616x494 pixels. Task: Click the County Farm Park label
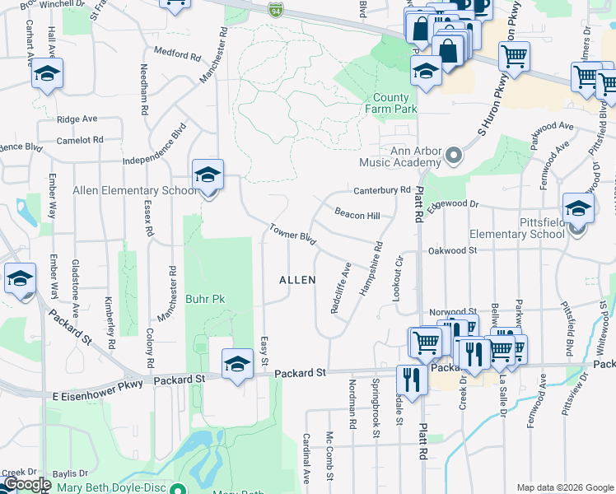(x=391, y=102)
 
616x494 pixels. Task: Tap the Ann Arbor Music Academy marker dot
(x=452, y=155)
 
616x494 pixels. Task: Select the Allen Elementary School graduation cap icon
(x=208, y=175)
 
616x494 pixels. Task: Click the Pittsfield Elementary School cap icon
(x=578, y=207)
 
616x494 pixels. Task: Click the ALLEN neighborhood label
(x=297, y=280)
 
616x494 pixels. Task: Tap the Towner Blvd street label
(x=293, y=234)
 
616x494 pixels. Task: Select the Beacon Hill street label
(x=357, y=214)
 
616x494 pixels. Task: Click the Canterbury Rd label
(x=381, y=190)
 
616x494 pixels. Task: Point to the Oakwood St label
(x=452, y=250)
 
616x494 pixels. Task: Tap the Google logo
(x=26, y=485)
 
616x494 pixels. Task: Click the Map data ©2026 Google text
(x=564, y=487)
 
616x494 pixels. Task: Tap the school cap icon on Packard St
(x=237, y=362)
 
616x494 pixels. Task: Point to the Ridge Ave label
(x=78, y=119)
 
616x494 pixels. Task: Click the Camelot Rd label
(x=80, y=140)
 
